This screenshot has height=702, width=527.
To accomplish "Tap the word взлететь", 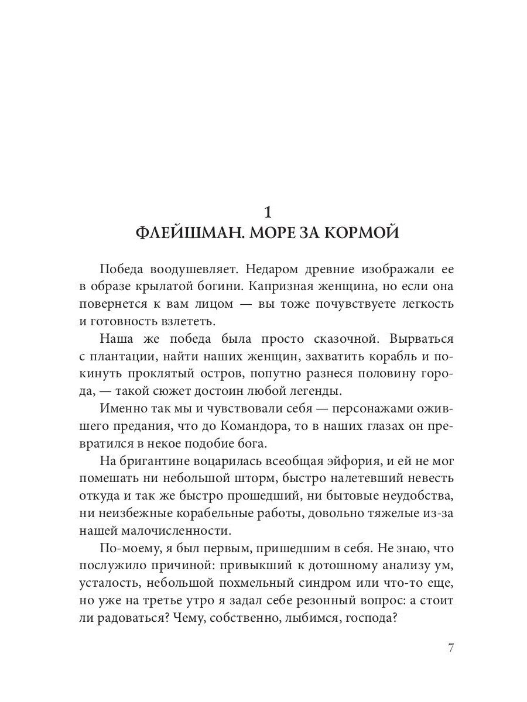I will [186, 321].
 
